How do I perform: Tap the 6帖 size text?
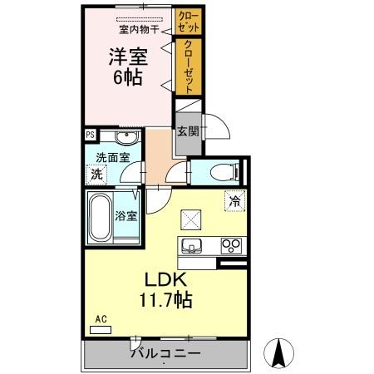point(129,79)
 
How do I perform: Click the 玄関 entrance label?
point(187,130)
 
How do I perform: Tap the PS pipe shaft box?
point(89,133)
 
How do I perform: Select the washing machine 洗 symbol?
point(96,174)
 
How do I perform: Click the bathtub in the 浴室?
point(100,218)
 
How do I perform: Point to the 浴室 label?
point(125,214)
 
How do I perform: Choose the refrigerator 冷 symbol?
point(234,200)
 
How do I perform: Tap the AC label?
point(100,319)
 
